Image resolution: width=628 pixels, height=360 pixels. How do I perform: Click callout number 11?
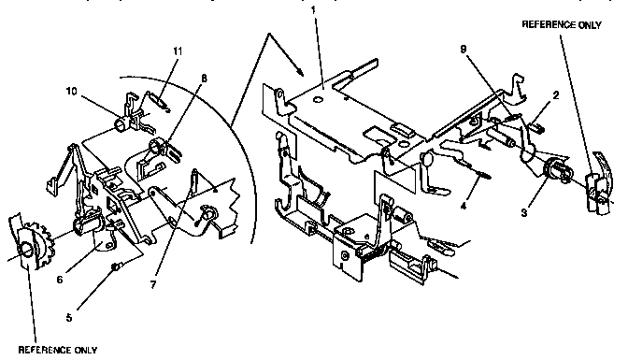point(178,50)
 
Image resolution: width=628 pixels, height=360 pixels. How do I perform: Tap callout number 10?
point(71,92)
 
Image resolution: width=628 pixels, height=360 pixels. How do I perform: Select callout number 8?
point(205,79)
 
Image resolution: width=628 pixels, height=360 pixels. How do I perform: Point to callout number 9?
point(464,49)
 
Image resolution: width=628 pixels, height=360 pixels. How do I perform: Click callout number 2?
point(555,95)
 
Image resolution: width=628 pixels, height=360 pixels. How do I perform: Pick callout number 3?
point(524,213)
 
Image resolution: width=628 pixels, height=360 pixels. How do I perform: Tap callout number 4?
point(464,206)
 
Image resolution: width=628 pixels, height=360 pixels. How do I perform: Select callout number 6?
point(60,280)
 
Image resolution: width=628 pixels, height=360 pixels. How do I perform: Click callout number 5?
point(69,318)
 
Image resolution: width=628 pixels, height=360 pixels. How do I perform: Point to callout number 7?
point(153,285)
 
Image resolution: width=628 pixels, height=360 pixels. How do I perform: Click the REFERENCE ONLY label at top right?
point(562,25)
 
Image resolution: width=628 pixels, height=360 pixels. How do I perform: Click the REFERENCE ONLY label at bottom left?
point(58,350)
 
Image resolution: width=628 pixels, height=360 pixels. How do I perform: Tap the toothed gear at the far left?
point(42,245)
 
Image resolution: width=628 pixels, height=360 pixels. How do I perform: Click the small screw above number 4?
point(485,174)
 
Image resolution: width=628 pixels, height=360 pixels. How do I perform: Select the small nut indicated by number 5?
point(115,266)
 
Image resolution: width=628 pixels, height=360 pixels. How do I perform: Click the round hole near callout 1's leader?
point(318,98)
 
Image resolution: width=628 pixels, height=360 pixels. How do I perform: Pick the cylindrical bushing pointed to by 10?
point(121,124)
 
